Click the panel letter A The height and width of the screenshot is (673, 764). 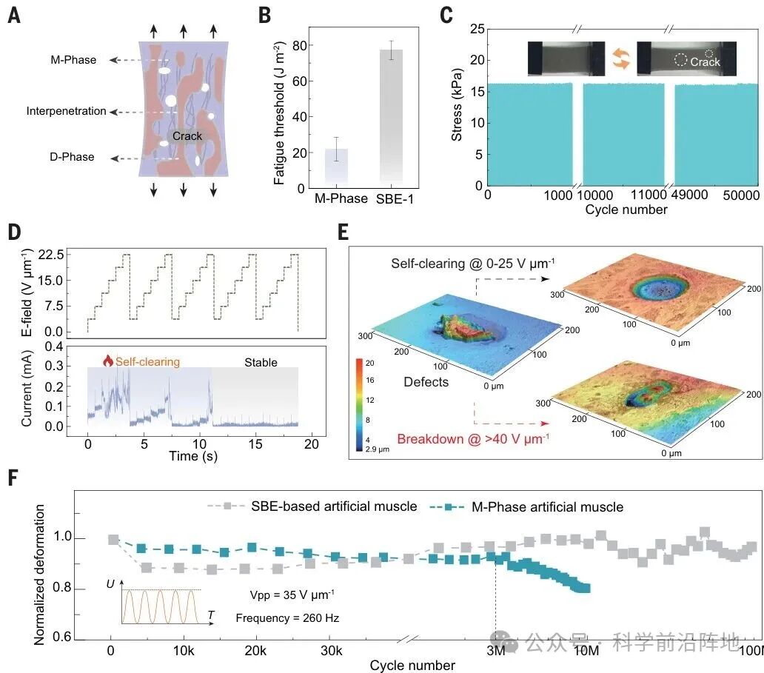tap(14, 15)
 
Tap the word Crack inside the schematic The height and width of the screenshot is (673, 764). tap(187, 136)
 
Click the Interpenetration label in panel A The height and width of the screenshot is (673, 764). tap(67, 112)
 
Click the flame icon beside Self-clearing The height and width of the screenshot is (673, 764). tap(108, 361)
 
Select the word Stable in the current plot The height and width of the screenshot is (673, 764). tap(261, 363)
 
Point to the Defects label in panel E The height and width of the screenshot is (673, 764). tap(425, 382)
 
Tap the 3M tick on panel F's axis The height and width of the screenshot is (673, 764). tap(495, 650)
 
